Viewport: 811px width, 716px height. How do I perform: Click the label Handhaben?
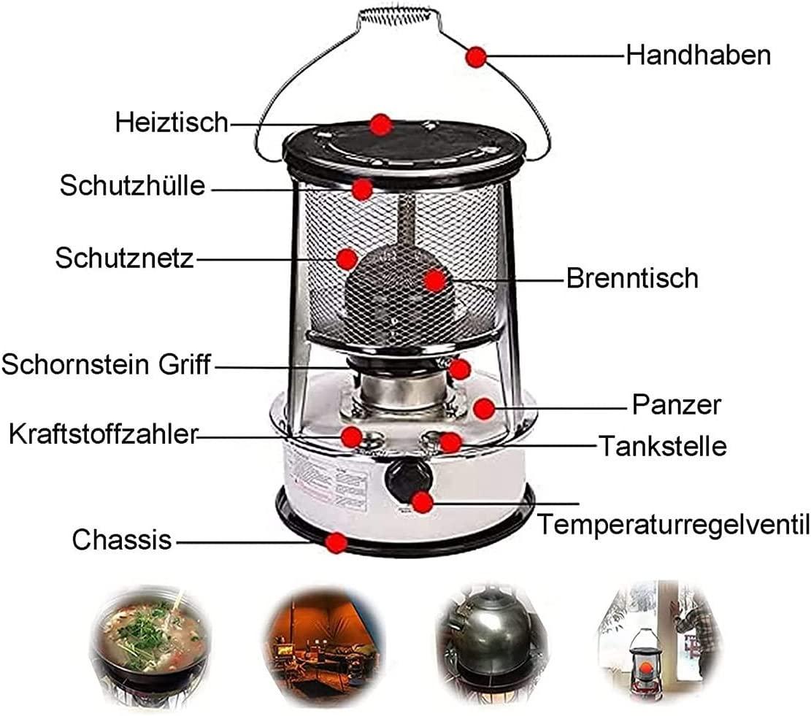pos(699,55)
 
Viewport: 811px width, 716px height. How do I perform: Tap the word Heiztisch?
pos(172,123)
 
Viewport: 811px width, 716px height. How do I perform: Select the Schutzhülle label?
pos(132,185)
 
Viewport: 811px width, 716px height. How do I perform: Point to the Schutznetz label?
pos(124,258)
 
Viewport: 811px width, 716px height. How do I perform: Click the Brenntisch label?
pos(632,278)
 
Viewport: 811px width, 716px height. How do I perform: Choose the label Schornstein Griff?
pos(106,364)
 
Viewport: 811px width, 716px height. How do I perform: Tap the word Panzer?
pos(676,404)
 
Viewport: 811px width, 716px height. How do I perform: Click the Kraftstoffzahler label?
pos(104,434)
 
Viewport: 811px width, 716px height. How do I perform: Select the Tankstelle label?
pos(663,446)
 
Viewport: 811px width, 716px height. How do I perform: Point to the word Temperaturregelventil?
pos(674,525)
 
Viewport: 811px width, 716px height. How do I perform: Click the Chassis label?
pos(122,539)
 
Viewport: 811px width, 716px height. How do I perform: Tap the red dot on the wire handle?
pos(476,57)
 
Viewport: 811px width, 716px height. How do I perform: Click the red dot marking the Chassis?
pos(337,542)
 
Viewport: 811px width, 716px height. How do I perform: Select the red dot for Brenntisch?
pos(434,281)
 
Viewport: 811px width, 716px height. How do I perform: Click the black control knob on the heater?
pos(408,480)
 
